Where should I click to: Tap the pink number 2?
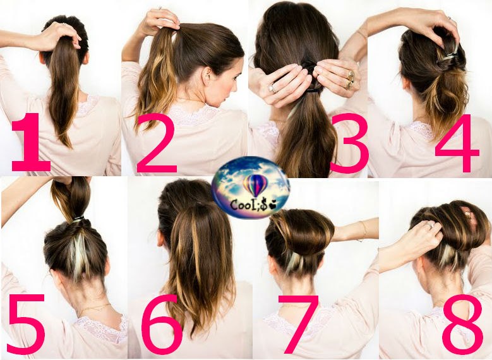[x=157, y=143]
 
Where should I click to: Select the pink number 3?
[x=349, y=143]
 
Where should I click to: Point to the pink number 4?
[x=458, y=143]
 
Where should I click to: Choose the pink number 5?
[x=27, y=324]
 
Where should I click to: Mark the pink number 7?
[x=298, y=324]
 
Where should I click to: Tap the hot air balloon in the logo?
[x=255, y=185]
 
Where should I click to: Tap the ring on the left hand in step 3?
[x=272, y=88]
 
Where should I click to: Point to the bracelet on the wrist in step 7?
[x=363, y=231]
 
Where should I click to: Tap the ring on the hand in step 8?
[x=431, y=224]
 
